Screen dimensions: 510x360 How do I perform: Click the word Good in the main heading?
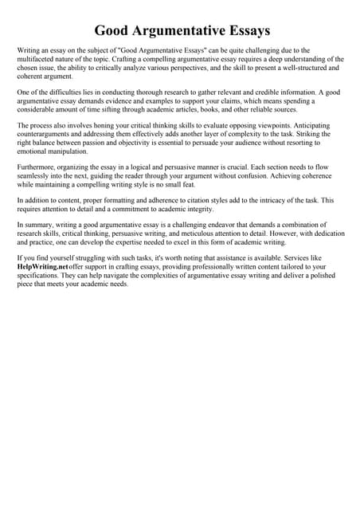[114, 32]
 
